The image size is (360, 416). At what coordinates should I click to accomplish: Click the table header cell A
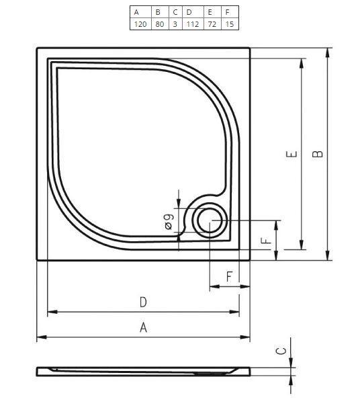coord(138,11)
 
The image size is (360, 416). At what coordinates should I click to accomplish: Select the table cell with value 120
coord(138,24)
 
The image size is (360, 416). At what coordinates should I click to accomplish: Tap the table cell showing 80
coord(158,24)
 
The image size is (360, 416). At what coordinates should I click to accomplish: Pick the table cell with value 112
coord(191,24)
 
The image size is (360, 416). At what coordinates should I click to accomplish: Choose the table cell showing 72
coord(211,24)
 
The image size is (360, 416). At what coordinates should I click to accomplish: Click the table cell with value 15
coord(229,24)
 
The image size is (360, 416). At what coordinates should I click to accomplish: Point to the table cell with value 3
coord(175,24)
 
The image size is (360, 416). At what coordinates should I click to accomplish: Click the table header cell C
coord(175,11)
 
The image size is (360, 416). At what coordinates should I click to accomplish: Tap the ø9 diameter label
coord(169,220)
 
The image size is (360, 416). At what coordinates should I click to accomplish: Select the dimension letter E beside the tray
coord(291,155)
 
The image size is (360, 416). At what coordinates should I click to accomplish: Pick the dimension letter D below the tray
coord(143,302)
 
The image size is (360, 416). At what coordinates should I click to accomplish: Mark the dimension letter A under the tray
coord(143,327)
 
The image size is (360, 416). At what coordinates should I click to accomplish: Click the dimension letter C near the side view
coord(283,350)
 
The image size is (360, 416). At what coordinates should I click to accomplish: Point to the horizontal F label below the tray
coord(229,276)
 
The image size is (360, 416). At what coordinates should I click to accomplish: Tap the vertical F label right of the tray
coord(267,240)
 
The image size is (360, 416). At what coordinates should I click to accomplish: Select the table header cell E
coord(211,11)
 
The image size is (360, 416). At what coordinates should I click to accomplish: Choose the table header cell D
coord(191,11)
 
